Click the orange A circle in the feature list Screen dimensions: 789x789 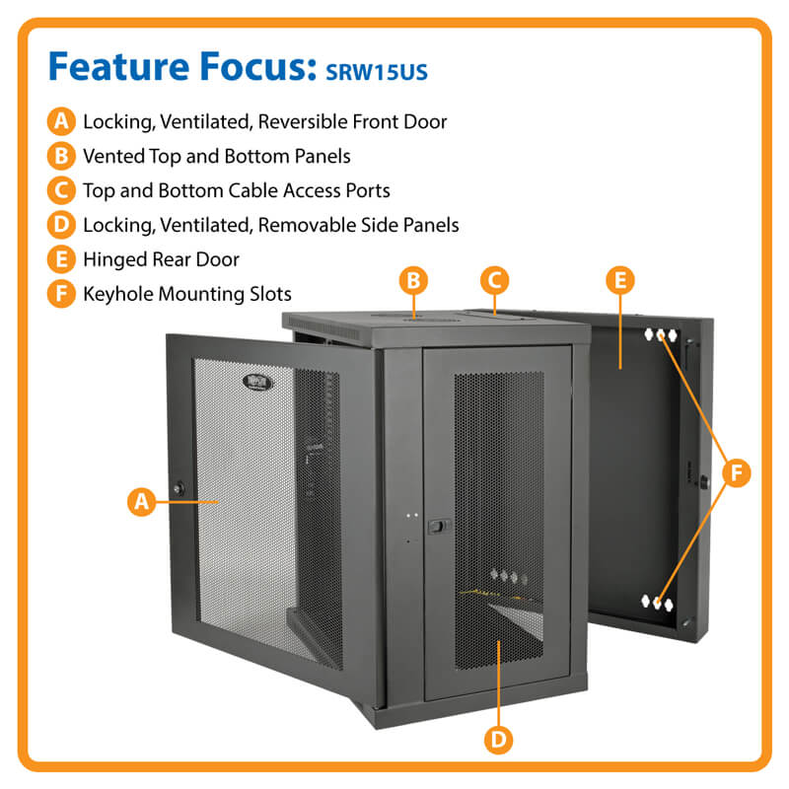61,122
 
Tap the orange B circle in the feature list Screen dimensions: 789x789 61,156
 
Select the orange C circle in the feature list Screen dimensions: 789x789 61,190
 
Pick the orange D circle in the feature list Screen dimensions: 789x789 61,225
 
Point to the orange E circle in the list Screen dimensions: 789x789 61,259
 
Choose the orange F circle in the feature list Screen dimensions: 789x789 61,293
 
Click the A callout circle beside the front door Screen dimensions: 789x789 142,501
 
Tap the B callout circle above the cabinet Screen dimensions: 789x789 414,280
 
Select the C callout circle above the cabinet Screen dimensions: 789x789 496,280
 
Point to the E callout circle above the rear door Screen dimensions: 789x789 619,280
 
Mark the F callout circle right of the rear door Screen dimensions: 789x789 735,472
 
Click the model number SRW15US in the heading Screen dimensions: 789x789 372,72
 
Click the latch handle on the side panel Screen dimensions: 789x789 433,527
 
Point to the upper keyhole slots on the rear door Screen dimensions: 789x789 661,335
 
